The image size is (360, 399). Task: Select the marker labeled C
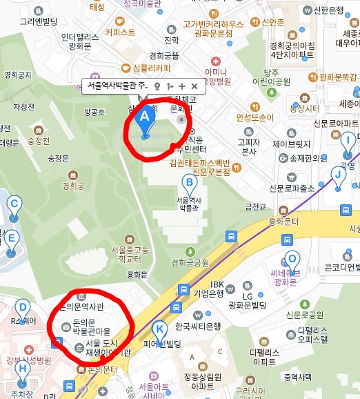(13, 205)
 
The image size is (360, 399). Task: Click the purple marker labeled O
(292, 260)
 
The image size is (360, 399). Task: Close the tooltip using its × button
(194, 86)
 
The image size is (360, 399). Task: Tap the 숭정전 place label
(39, 141)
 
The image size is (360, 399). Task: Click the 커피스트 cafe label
(120, 31)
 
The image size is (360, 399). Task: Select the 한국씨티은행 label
(197, 326)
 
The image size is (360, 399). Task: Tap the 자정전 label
(23, 107)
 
